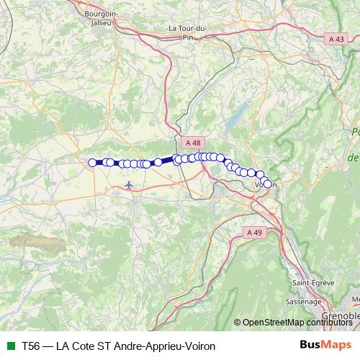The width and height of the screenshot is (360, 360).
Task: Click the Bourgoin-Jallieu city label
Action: coord(101,18)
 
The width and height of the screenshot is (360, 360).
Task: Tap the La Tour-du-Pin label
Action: coord(189,32)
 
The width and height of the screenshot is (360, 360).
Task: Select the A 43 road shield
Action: coord(335,39)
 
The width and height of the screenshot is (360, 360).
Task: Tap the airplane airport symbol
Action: coord(129,186)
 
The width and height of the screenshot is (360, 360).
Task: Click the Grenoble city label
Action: coord(342,316)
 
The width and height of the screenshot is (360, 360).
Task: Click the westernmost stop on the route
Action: coord(91,163)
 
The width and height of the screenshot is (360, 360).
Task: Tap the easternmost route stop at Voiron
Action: coord(268,184)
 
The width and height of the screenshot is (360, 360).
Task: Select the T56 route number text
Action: coord(31,346)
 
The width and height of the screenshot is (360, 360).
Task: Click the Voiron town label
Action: coord(265,185)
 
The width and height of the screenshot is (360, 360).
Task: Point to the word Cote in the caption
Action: coord(84,346)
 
